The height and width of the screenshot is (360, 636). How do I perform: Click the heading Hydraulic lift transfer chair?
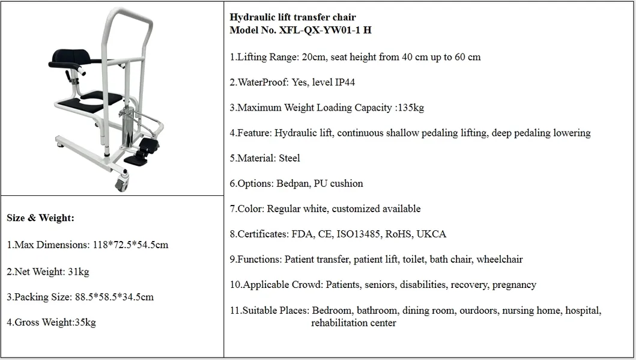[292, 17]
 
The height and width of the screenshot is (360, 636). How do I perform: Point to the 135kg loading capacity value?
[411, 108]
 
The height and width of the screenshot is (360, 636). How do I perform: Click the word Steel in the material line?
[289, 159]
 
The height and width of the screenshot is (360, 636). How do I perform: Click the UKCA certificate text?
[432, 234]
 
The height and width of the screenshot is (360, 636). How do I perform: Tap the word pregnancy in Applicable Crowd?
[514, 285]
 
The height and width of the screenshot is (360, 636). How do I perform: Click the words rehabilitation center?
[353, 323]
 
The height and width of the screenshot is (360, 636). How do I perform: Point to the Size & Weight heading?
[40, 218]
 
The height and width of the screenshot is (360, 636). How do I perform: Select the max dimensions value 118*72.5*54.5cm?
[130, 245]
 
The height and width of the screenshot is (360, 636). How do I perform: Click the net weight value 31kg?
[78, 272]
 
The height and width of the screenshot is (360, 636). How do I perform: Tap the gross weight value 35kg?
[85, 323]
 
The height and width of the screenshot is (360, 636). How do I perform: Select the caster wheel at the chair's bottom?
[121, 181]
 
